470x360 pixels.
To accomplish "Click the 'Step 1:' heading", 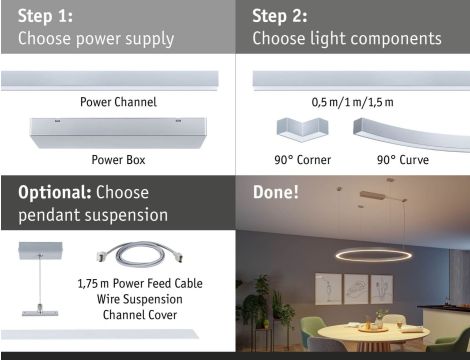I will click(x=45, y=16).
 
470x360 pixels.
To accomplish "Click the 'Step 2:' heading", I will click(x=280, y=16).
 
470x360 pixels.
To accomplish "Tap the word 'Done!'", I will click(x=275, y=191).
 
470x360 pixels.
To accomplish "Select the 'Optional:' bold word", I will click(x=55, y=192).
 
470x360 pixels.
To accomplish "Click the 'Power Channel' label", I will click(x=118, y=102).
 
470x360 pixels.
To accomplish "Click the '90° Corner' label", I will click(x=301, y=159).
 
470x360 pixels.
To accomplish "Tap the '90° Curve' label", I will click(x=403, y=159).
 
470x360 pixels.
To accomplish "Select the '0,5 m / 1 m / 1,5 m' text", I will click(x=352, y=102).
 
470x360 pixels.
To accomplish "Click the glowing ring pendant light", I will click(x=372, y=255).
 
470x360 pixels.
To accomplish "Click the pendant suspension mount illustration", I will click(x=38, y=280).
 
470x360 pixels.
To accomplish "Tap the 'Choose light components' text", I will click(x=346, y=39).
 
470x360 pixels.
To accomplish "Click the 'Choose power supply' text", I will click(x=96, y=39).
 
